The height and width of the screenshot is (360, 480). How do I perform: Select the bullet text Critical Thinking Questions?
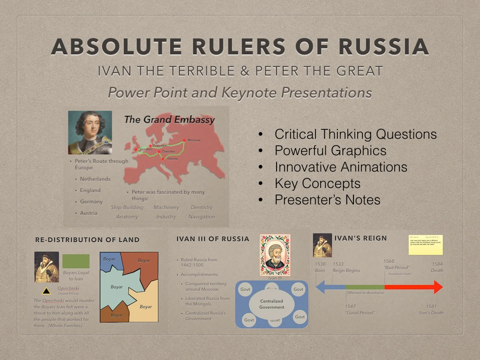355,134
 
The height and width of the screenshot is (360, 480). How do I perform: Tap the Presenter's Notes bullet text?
327,200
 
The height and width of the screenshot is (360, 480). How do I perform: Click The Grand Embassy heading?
169,119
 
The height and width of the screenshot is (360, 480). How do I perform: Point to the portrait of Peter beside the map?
90,132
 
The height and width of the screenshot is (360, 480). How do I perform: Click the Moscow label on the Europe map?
193,140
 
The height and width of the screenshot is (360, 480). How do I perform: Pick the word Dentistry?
201,207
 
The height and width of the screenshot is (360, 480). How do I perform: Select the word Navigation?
201,217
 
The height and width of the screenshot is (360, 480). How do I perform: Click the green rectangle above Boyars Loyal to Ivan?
76,261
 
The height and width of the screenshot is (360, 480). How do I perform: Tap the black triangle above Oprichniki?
46,290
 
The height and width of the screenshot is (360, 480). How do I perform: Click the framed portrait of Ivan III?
274,255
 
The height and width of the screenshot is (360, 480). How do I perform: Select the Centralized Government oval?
271,304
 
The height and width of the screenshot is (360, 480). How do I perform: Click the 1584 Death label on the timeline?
436,267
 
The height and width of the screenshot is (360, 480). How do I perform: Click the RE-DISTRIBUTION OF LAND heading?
87,240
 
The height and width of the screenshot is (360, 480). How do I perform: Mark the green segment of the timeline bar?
365,287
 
